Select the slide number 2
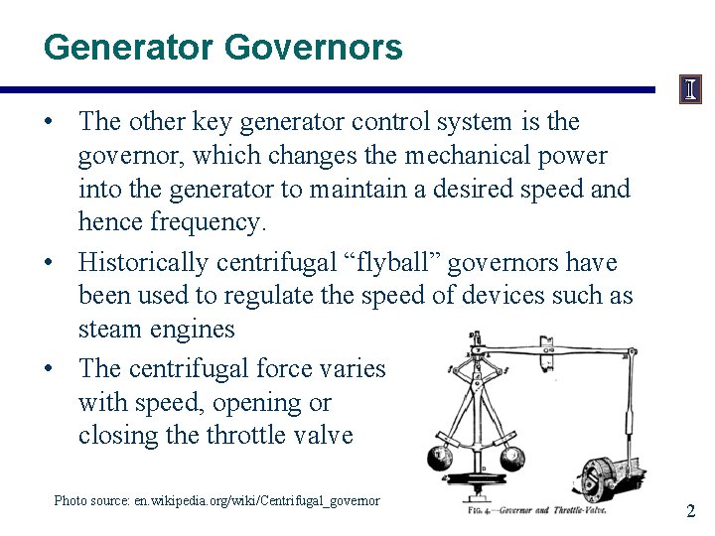click(x=691, y=511)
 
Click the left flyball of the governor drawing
click(x=439, y=458)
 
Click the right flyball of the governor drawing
click(x=512, y=458)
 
